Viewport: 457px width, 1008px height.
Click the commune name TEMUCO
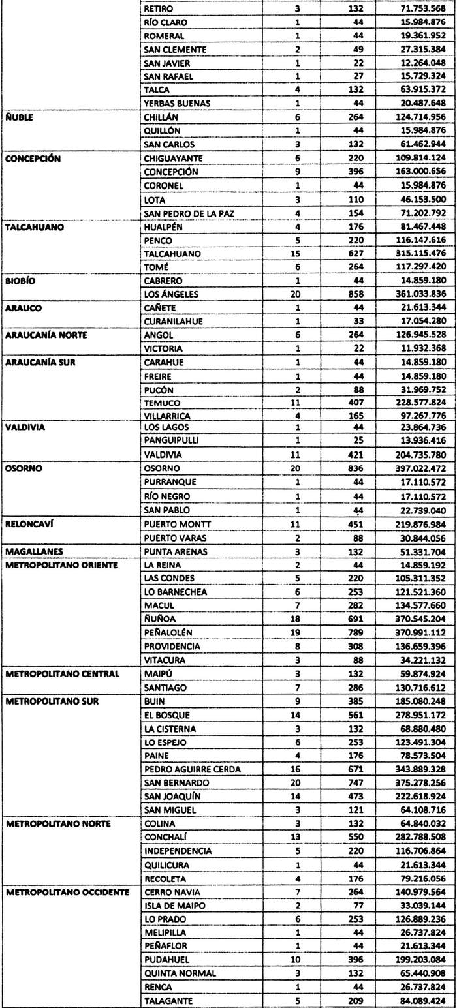tap(162, 403)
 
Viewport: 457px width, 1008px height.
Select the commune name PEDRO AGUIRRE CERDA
tap(192, 769)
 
